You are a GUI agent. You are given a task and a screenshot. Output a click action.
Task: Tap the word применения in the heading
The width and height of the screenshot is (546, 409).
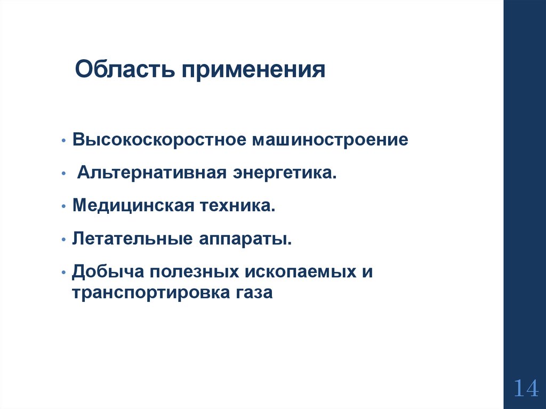click(254, 70)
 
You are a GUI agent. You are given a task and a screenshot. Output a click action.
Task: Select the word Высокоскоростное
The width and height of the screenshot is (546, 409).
click(159, 141)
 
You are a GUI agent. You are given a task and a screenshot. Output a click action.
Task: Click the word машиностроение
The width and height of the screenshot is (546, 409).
click(331, 141)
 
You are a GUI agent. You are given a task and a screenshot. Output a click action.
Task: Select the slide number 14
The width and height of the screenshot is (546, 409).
click(526, 388)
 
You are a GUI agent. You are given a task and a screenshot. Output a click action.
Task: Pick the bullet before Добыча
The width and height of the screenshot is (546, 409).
click(64, 272)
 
